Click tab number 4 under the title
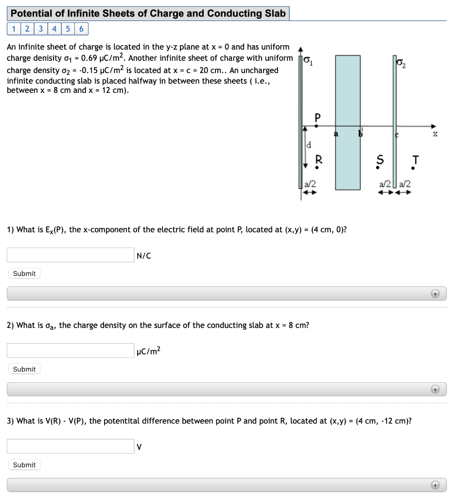coord(54,29)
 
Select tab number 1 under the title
coord(14,29)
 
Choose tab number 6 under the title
coord(81,29)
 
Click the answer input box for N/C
coord(71,255)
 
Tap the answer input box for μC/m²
coord(71,351)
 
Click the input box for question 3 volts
coord(71,446)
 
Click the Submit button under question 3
coord(24,465)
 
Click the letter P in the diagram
coord(318,117)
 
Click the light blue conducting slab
coord(348,97)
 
